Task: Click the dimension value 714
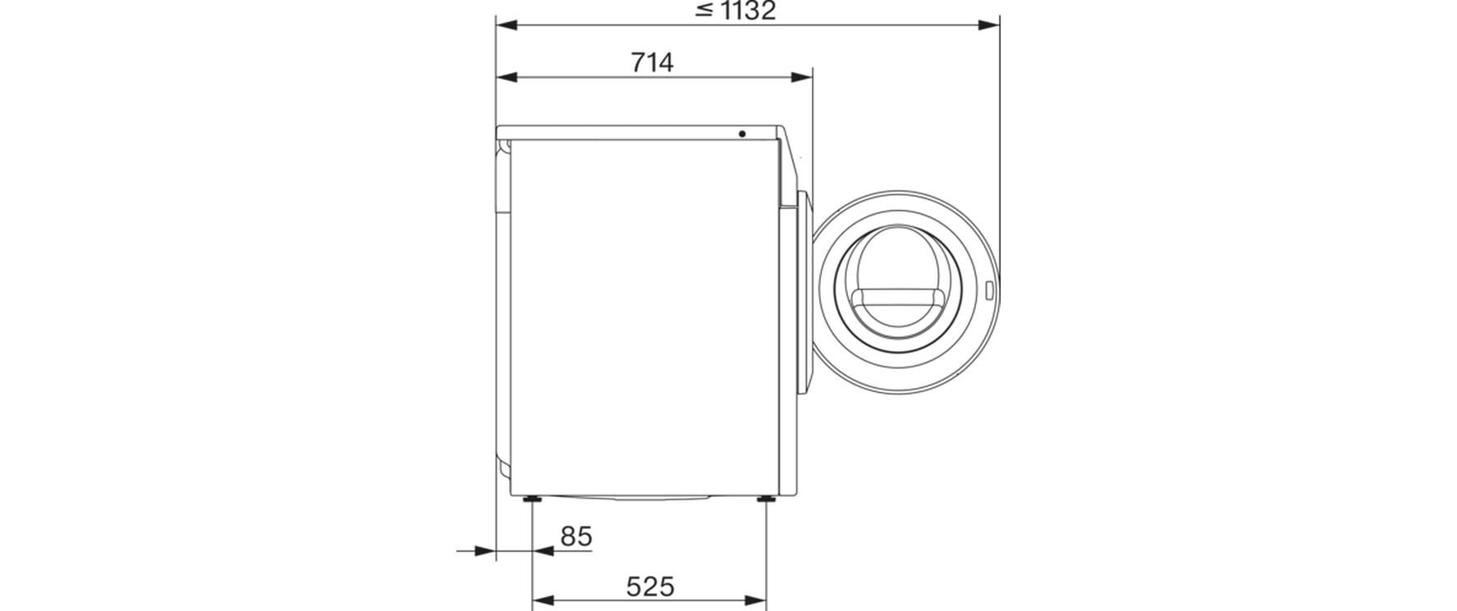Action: pyautogui.click(x=653, y=62)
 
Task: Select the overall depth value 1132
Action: pyautogui.click(x=746, y=11)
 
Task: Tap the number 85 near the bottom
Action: pyautogui.click(x=575, y=536)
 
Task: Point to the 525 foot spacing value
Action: pyautogui.click(x=650, y=586)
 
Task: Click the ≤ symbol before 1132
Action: pyautogui.click(x=703, y=11)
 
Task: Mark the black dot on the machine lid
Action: pyautogui.click(x=742, y=134)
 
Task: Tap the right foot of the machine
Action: pyautogui.click(x=766, y=499)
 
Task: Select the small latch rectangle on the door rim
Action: pyautogui.click(x=989, y=290)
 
